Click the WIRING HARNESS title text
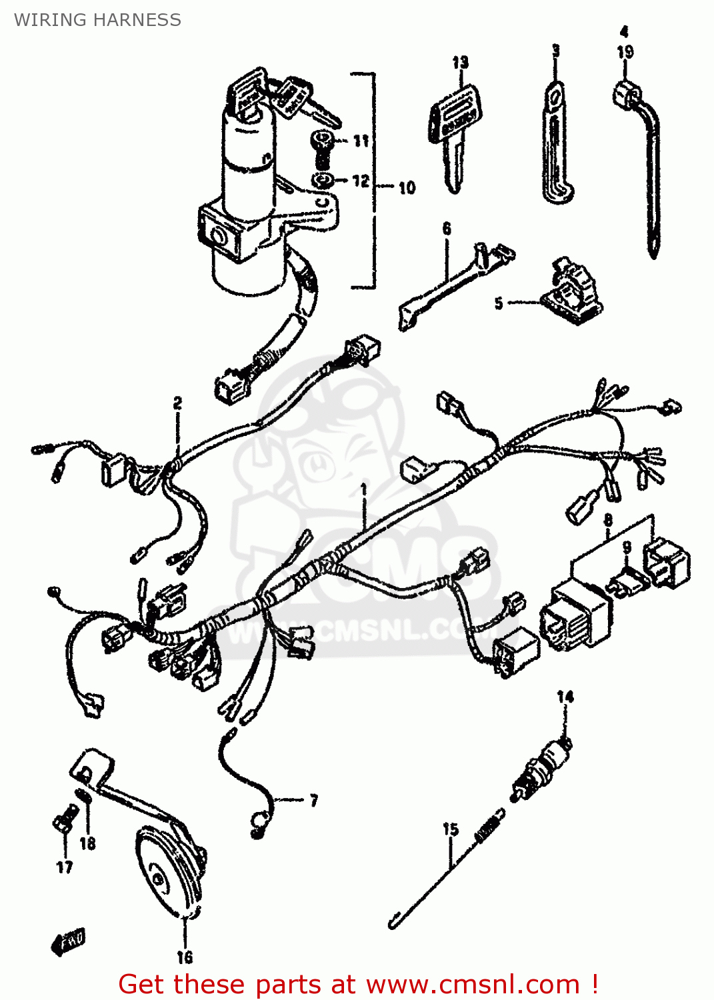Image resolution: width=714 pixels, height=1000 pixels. pos(97,20)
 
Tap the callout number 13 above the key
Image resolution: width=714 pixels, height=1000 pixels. pos(460,63)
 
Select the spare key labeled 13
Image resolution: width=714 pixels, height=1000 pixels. pos(454,133)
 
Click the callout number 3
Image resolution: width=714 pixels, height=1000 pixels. pos(555,51)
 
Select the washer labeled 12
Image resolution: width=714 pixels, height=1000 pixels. pos(323,180)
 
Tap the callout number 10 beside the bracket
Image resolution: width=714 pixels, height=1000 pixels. pos(407,188)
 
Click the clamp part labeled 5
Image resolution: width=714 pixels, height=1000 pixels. pos(572,292)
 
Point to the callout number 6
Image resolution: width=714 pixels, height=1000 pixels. pos(447,229)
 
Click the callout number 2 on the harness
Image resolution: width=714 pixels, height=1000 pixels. pos(177,403)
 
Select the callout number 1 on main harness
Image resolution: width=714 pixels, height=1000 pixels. pos(364,489)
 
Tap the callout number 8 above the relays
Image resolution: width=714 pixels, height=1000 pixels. pos(608,520)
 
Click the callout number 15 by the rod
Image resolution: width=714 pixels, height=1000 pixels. pos(451,829)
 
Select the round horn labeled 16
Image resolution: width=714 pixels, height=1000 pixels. pos(171,873)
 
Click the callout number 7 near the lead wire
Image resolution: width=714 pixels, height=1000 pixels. pos(313,800)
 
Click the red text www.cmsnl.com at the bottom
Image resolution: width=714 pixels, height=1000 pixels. pos(473,985)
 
